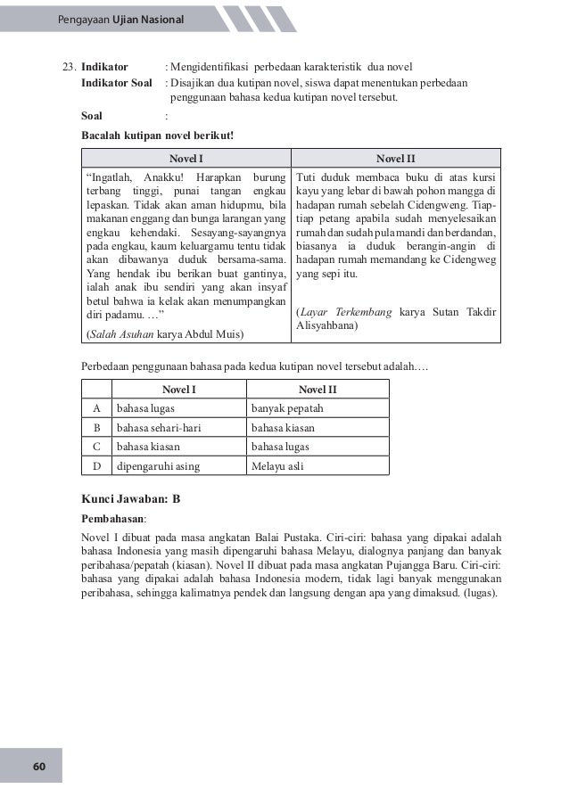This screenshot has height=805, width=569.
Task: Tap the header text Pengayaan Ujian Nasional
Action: [x=117, y=19]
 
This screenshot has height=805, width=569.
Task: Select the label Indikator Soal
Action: [x=116, y=83]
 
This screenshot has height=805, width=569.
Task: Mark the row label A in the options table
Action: [x=95, y=408]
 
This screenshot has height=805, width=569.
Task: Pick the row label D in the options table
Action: [x=95, y=464]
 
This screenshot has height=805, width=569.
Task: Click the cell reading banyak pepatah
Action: [x=287, y=408]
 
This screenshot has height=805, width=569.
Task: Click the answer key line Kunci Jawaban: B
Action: [x=130, y=499]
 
